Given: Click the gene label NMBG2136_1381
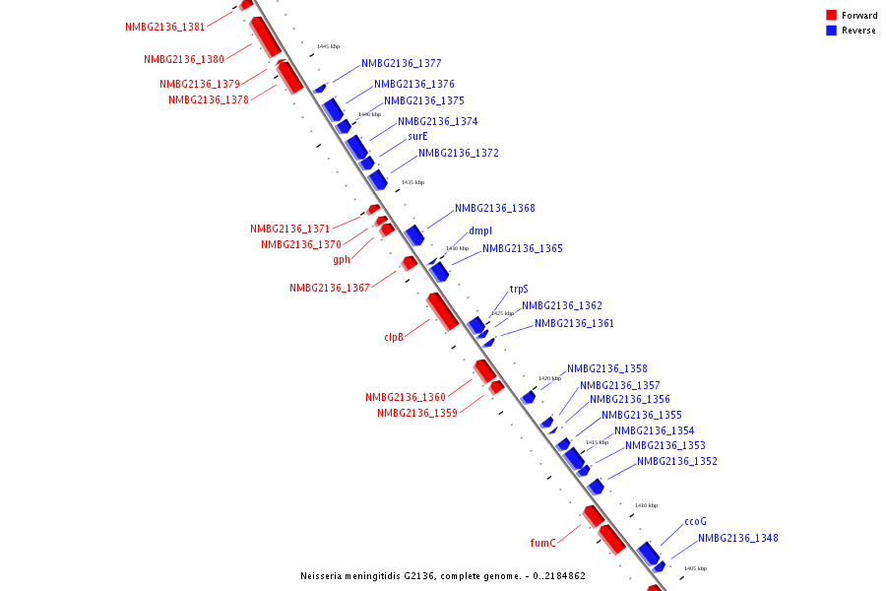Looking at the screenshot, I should tap(165, 28).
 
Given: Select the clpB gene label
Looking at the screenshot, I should tap(394, 337).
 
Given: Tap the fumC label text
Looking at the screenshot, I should tap(543, 543).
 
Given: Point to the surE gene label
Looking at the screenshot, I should tap(417, 137).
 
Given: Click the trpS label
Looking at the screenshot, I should tap(519, 290).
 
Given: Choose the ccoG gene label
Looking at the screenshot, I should tap(695, 522).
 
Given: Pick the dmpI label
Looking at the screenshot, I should tap(480, 231).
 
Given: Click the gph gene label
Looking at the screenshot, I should tap(342, 260).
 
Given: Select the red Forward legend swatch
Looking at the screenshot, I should tap(832, 15).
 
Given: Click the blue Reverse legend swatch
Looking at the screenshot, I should tap(832, 31).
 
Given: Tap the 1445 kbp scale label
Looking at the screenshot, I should tap(329, 47).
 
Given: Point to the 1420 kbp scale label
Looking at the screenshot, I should tap(549, 378).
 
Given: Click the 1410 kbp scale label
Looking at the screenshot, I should tap(646, 505).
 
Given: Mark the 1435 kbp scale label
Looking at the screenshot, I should tap(412, 182).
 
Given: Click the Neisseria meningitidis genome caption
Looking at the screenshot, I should tap(443, 575).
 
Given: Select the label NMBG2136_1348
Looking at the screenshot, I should tap(738, 539).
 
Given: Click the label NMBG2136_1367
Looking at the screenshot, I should tap(330, 289).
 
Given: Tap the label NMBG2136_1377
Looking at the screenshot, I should tap(402, 63).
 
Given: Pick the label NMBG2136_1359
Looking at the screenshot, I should tap(417, 414).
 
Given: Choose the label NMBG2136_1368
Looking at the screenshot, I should tap(495, 209).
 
